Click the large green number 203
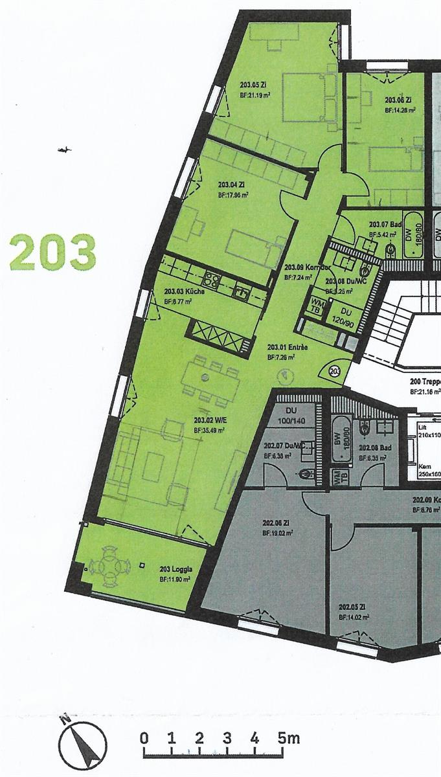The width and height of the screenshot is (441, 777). (x=52, y=253)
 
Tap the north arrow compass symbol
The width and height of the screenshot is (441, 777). (x=82, y=743)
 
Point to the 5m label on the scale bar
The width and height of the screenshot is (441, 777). (x=289, y=738)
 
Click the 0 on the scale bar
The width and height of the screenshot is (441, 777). (x=144, y=738)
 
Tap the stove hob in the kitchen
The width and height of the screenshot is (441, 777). (x=212, y=279)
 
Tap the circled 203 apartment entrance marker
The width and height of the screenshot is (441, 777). (x=334, y=371)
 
